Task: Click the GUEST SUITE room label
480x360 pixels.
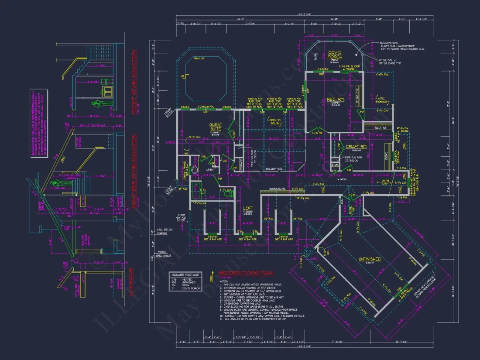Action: pos(216,127)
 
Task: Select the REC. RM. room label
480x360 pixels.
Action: pos(336,100)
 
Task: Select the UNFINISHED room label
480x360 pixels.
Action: pos(370,259)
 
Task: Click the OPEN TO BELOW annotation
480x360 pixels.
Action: pos(274,120)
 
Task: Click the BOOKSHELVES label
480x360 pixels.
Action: pos(278,189)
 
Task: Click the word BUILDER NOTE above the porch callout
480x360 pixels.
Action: pos(387,43)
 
